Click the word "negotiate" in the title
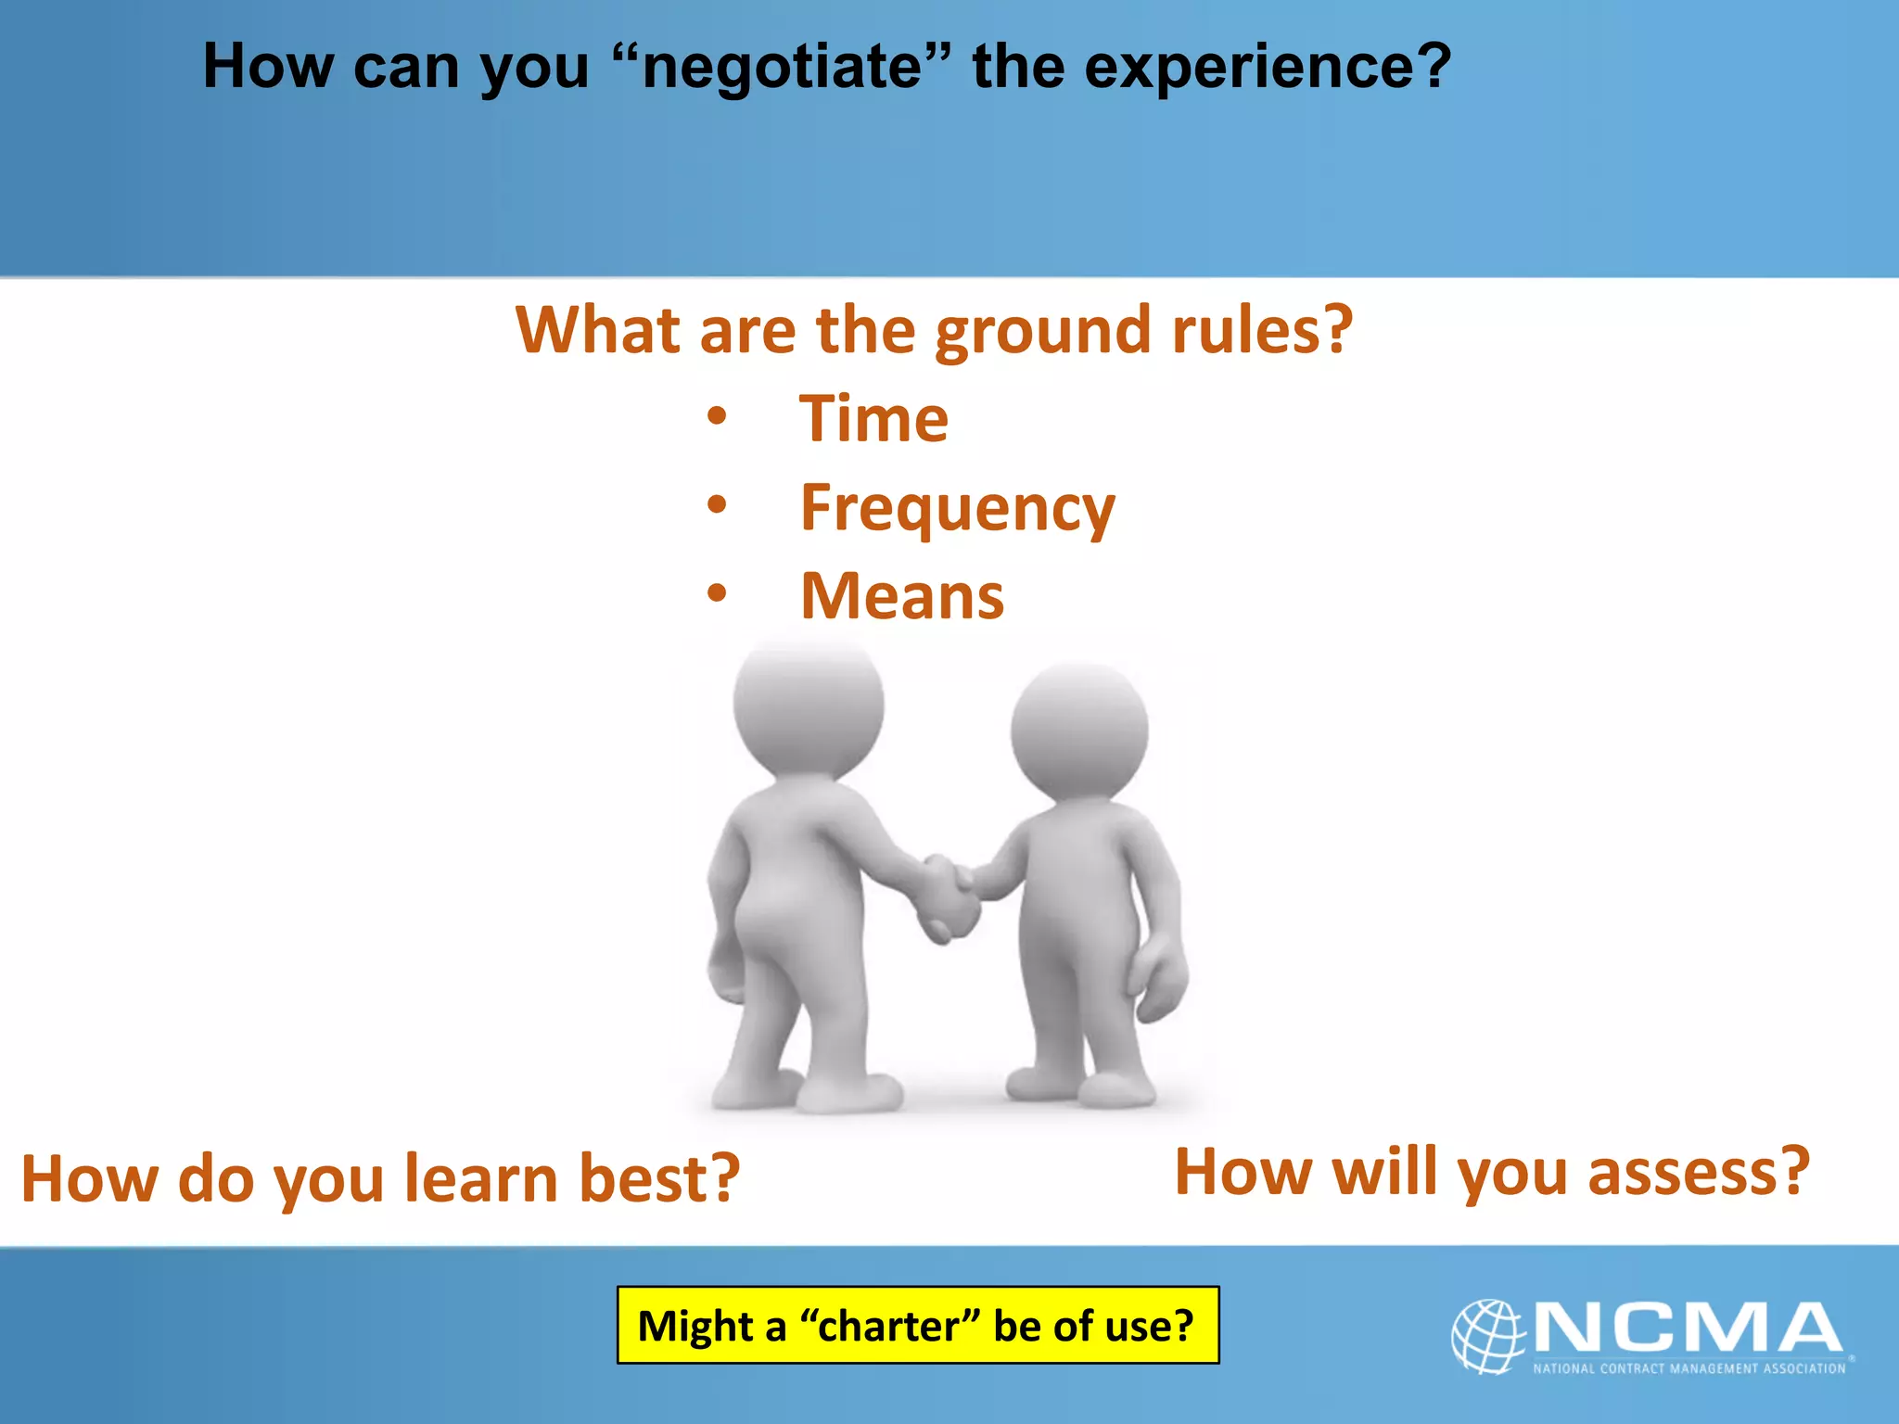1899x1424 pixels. (784, 67)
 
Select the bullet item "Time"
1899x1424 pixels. (874, 419)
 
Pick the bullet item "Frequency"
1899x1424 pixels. (957, 509)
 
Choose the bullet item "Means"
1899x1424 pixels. (902, 596)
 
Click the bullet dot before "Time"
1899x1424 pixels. (717, 416)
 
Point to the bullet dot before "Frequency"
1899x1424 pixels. (717, 505)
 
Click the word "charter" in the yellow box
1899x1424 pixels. (889, 1326)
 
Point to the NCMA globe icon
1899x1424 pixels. (1486, 1335)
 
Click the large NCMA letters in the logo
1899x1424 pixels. (1688, 1328)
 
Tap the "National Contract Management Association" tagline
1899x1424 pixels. (1689, 1368)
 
